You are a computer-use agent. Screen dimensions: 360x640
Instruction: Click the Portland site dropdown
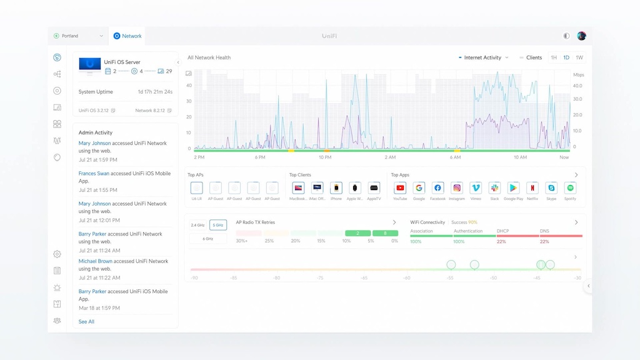(78, 36)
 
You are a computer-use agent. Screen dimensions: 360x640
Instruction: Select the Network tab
(127, 36)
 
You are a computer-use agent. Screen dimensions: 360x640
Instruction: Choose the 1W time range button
(579, 57)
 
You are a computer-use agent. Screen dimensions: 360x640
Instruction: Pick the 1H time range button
(554, 57)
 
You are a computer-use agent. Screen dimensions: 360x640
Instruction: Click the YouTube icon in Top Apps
(400, 187)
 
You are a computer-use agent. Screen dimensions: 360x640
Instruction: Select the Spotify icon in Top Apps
(570, 187)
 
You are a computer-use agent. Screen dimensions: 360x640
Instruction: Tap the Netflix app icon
(532, 187)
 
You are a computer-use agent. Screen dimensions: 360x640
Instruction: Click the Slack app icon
(494, 187)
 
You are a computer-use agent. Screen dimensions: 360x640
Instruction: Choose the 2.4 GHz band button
(198, 225)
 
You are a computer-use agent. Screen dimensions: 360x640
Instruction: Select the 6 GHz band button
(208, 239)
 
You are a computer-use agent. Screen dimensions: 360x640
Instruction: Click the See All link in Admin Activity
(86, 322)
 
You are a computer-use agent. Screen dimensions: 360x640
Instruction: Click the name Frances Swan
(94, 173)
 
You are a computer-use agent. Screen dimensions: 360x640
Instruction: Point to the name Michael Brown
(96, 261)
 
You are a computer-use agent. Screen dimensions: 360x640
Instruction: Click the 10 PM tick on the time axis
(325, 157)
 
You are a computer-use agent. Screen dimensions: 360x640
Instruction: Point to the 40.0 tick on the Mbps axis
(577, 86)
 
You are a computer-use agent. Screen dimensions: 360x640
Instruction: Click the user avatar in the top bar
(581, 36)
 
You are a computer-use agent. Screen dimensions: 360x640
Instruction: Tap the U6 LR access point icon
(196, 187)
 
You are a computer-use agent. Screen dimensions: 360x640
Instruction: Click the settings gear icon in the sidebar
(57, 254)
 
